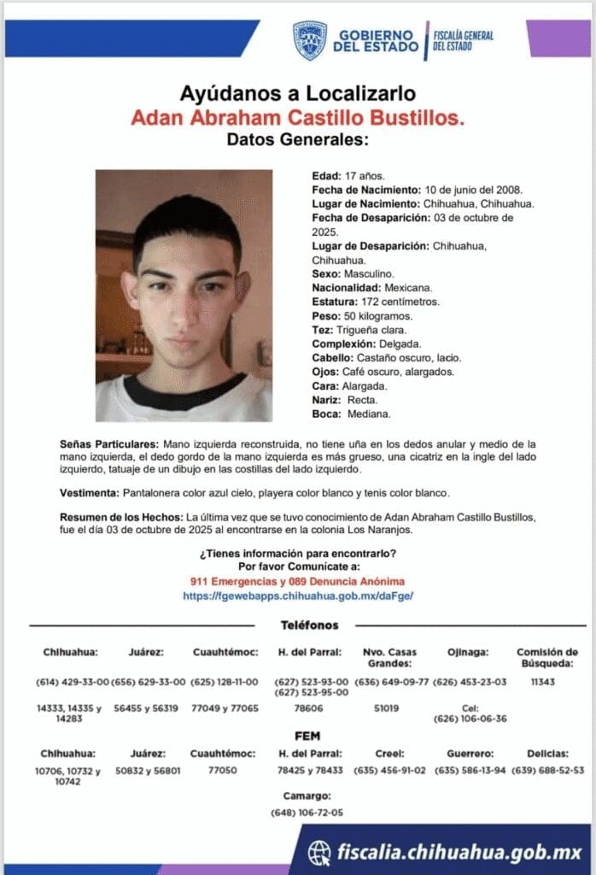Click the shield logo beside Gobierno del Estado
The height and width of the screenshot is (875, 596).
[x=309, y=40]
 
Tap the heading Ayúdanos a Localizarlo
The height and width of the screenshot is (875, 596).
[x=298, y=93]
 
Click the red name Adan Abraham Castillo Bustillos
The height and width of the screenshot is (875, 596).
[x=298, y=117]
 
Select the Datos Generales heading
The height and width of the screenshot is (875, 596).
[x=298, y=139]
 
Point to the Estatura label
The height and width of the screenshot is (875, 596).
[x=333, y=302]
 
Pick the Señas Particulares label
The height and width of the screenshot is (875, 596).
[x=109, y=445]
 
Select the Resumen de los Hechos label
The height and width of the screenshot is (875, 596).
[x=120, y=518]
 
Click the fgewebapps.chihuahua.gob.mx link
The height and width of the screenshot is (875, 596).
[x=298, y=595]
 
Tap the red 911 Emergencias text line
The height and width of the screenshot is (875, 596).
[x=298, y=581]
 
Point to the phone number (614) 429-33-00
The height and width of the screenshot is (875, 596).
[x=73, y=682]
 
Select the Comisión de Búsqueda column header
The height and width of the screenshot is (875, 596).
[x=547, y=657]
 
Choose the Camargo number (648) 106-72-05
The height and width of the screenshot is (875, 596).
[x=307, y=813]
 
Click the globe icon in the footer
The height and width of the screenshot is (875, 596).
[x=319, y=852]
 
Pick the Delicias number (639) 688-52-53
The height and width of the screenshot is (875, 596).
[x=547, y=769]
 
